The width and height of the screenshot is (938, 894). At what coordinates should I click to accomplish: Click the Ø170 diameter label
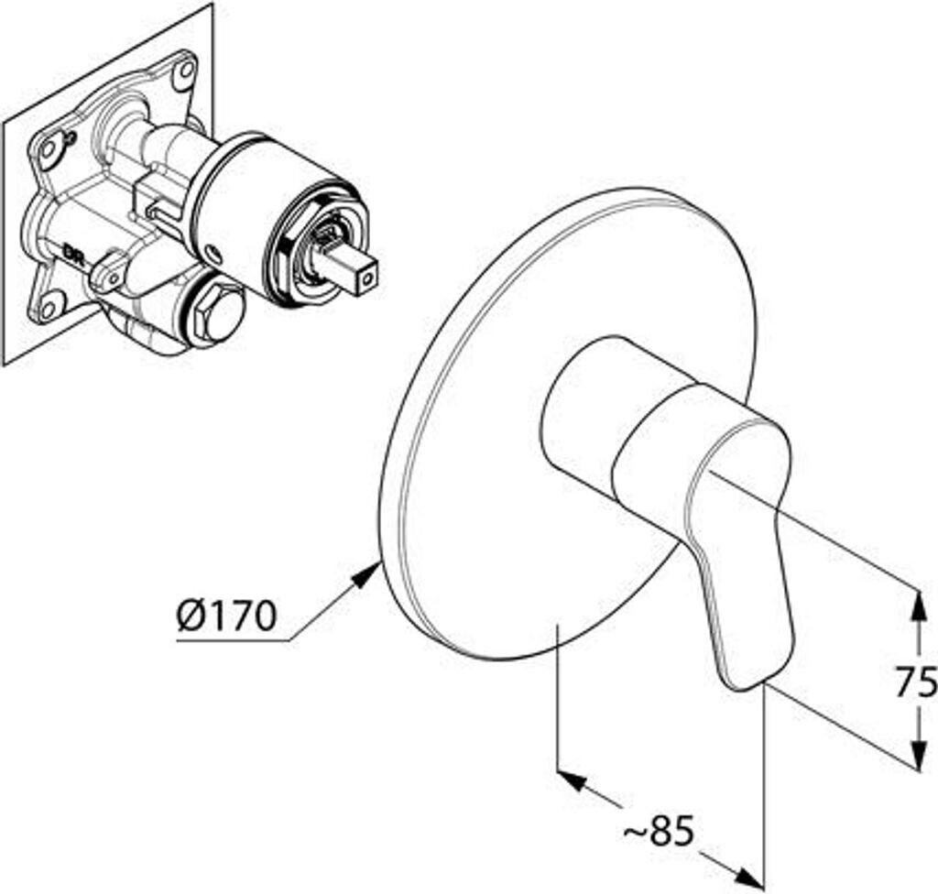click(x=225, y=616)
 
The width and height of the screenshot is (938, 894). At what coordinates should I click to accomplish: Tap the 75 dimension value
click(x=916, y=681)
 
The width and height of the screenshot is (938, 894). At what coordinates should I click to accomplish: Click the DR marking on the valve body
click(x=72, y=249)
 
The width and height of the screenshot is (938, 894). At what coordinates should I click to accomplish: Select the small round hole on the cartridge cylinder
click(x=213, y=253)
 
